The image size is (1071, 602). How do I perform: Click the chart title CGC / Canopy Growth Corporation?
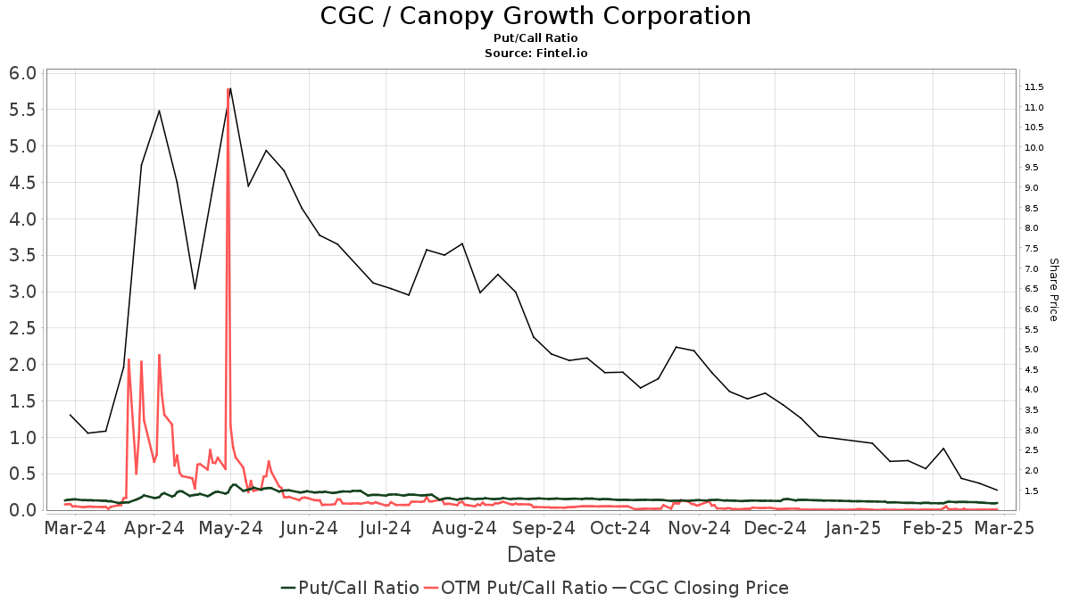coord(535,16)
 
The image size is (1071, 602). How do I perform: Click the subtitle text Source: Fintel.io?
coord(535,53)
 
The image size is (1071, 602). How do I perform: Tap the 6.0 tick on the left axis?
coord(24,73)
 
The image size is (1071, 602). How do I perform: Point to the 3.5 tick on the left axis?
coord(24,255)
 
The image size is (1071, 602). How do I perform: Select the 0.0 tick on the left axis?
coord(24,510)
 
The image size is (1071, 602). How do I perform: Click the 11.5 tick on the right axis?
coord(1034,87)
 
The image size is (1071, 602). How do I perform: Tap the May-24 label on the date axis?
coord(231,528)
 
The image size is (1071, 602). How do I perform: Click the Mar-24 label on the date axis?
coord(76,528)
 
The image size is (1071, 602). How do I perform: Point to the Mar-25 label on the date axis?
coord(1004,528)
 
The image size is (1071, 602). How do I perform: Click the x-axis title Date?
coord(531,555)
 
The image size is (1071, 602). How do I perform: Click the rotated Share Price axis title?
coord(1053,290)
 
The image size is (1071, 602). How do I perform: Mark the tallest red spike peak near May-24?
coord(228,89)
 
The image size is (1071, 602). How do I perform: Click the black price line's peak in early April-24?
coord(159,111)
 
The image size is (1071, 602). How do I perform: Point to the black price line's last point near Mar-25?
coord(997,490)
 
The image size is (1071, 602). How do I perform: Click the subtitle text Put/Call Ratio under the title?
coord(535,38)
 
